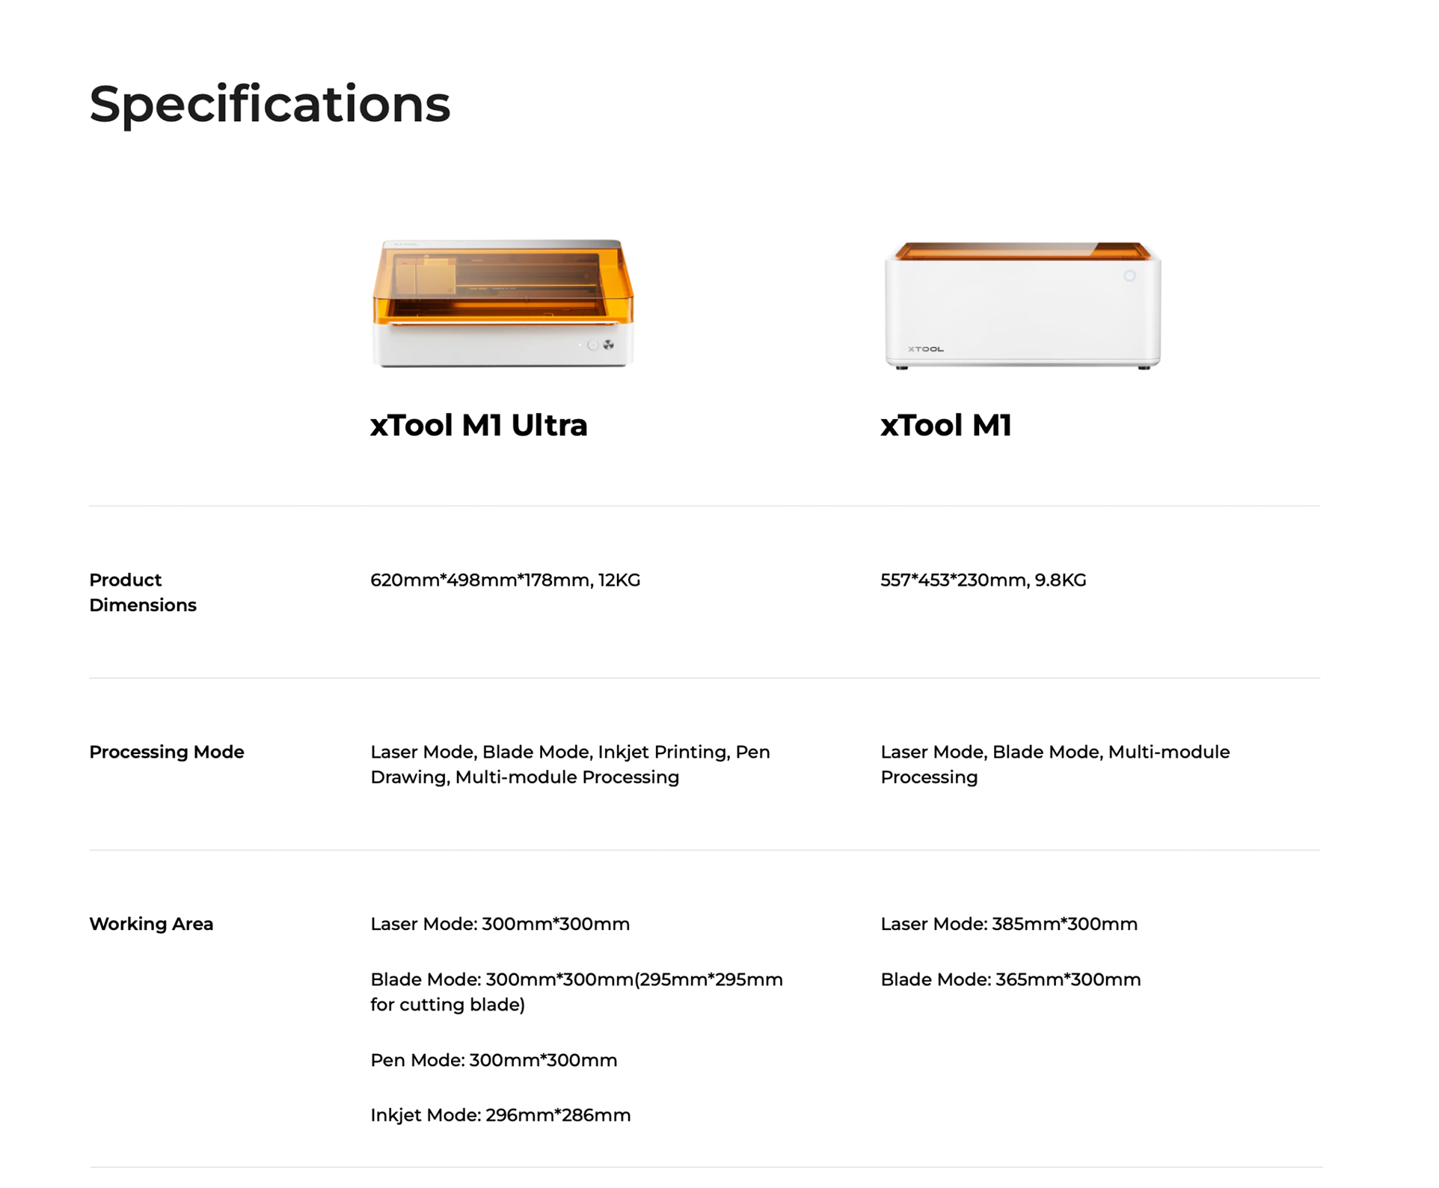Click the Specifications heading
[x=270, y=105]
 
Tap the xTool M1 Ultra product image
[x=503, y=303]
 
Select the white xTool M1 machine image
[x=1022, y=305]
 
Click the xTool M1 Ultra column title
[x=479, y=425]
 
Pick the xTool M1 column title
[x=946, y=425]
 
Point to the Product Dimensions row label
[x=143, y=593]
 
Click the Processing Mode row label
[x=167, y=752]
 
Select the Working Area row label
[x=151, y=924]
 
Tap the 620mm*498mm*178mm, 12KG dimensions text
[x=506, y=581]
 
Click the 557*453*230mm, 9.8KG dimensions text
[x=984, y=581]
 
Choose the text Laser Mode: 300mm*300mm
[x=500, y=924]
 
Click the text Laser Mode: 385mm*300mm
[x=1009, y=924]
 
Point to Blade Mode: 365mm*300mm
[x=1010, y=980]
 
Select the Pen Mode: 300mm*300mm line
[x=494, y=1060]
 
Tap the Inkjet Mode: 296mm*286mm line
[x=500, y=1115]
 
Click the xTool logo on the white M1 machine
[x=926, y=349]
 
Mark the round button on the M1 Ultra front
[x=593, y=345]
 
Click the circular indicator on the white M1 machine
[x=1129, y=276]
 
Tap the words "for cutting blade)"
[x=447, y=1005]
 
